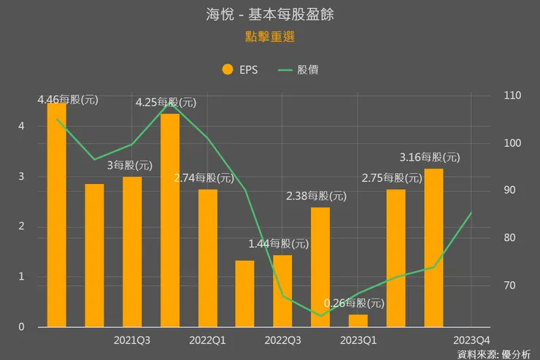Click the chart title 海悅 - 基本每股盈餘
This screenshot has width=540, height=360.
tap(270, 15)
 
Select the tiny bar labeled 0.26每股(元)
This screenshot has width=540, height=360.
tap(358, 321)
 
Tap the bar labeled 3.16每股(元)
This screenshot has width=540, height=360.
tap(433, 248)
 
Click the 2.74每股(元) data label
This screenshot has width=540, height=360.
tap(204, 177)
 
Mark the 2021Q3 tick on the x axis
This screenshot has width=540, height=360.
tap(133, 340)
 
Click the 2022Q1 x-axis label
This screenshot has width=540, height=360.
tap(207, 340)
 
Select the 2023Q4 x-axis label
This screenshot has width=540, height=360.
tap(471, 340)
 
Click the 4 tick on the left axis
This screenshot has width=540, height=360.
tap(21, 126)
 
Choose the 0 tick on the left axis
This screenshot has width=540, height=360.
tap(21, 327)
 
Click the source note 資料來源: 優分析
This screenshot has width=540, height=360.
tap(494, 354)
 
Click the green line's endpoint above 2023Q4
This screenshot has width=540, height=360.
tap(471, 213)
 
